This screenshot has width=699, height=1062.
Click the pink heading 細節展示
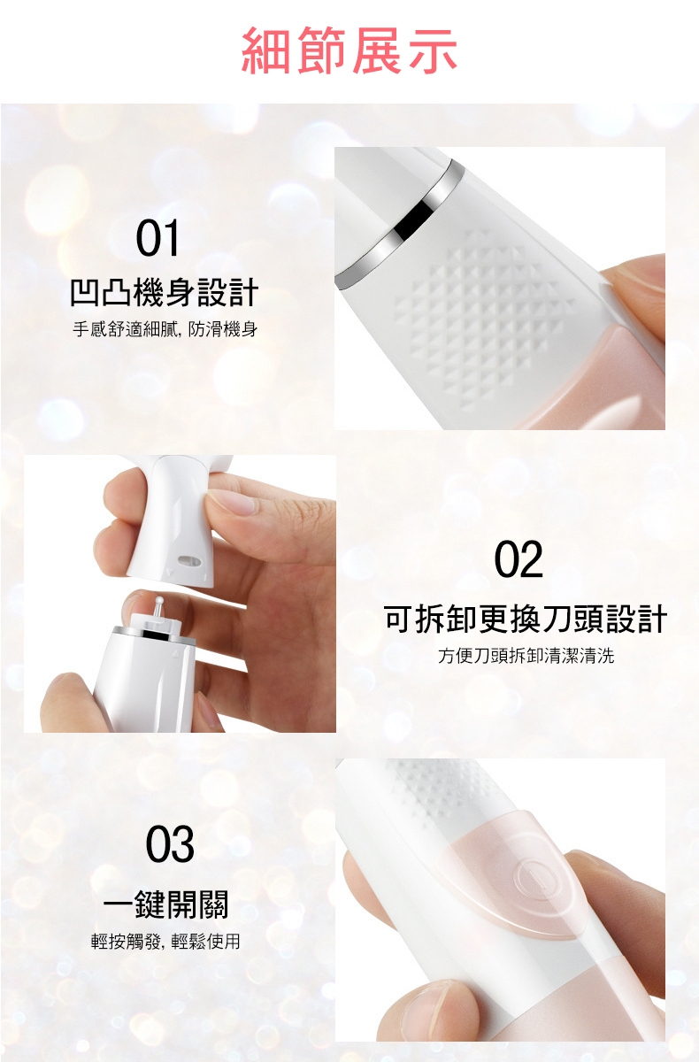click(x=349, y=50)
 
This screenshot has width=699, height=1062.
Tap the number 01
click(x=157, y=238)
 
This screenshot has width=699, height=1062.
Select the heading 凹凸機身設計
click(x=165, y=293)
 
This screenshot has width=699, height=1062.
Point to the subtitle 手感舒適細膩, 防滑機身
click(x=165, y=329)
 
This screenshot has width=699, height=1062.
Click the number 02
click(x=518, y=559)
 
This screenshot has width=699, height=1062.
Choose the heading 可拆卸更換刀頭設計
click(x=526, y=619)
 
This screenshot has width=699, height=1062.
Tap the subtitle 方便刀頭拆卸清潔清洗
click(x=526, y=656)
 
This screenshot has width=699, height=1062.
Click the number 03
click(x=170, y=844)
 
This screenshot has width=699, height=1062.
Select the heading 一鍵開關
click(x=165, y=904)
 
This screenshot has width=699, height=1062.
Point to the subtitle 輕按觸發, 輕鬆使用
click(x=165, y=941)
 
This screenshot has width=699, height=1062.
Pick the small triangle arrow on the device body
click(x=176, y=654)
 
